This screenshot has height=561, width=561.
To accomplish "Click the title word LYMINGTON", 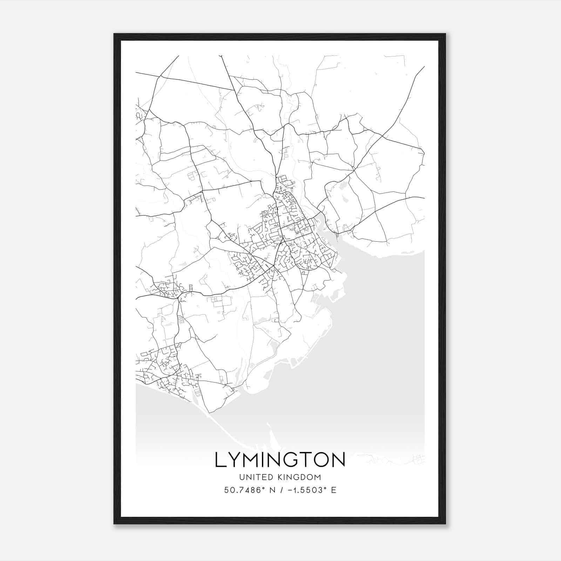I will coord(280,460).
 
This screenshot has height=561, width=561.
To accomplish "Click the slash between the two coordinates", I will coord(280,490).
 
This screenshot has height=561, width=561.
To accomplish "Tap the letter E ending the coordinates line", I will coord(333,490).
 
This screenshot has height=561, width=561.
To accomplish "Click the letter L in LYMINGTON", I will coord(220,460).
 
